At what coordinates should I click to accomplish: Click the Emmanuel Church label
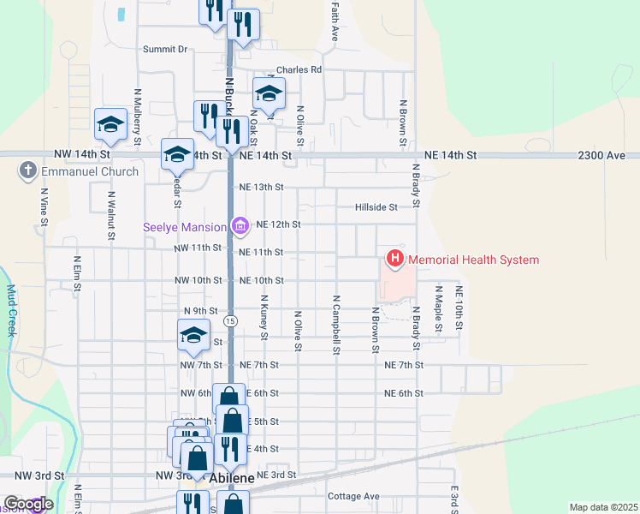point(88,171)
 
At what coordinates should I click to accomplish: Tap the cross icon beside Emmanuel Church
point(27,171)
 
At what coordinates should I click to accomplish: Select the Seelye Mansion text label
point(185,227)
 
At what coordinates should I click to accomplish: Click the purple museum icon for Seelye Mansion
point(240,227)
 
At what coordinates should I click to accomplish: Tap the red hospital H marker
point(395,259)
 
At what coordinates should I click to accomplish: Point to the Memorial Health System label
point(473,260)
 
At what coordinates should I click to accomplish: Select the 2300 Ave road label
point(602,155)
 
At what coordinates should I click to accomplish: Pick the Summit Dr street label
point(164,50)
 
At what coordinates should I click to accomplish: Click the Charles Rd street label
point(298,70)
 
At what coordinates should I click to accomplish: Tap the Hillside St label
point(376,207)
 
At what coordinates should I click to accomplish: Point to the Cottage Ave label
point(353,496)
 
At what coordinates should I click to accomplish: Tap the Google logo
point(27,504)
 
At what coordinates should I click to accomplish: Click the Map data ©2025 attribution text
point(603,507)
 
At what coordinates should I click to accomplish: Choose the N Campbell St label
point(337,326)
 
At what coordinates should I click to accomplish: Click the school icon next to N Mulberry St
point(110,126)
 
